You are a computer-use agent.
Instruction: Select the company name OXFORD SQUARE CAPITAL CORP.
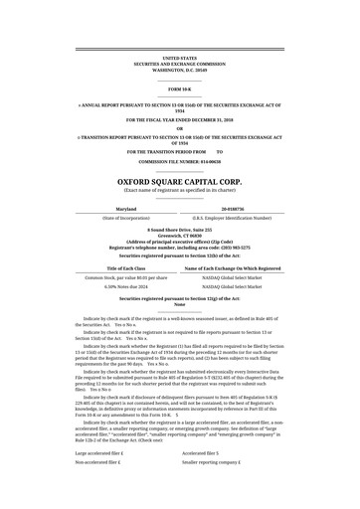[x=180, y=182]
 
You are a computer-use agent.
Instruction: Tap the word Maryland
[x=128, y=209]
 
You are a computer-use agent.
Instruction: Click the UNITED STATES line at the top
[x=180, y=60]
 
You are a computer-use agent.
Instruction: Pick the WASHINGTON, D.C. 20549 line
[x=180, y=71]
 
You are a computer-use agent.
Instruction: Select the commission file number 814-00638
[x=180, y=159]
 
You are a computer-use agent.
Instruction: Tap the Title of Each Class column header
[x=126, y=268]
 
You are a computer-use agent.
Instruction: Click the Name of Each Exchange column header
[x=233, y=268]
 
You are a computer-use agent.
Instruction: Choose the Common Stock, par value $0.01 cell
[x=126, y=277]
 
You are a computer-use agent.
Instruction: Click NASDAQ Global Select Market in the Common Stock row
[x=233, y=277]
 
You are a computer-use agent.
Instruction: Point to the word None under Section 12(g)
[x=180, y=304]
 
